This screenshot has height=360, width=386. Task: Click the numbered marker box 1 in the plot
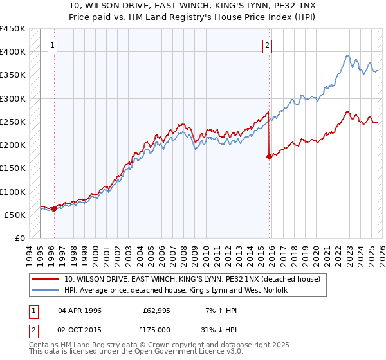click(52, 45)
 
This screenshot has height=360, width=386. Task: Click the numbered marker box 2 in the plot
click(267, 45)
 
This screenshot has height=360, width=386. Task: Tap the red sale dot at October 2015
click(269, 156)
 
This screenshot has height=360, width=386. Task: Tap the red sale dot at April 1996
click(54, 208)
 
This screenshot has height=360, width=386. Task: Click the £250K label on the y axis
click(13, 122)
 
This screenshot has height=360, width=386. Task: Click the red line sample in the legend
click(46, 279)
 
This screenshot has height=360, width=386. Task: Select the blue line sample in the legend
click(46, 290)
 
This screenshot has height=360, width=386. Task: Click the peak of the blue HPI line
click(347, 56)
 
